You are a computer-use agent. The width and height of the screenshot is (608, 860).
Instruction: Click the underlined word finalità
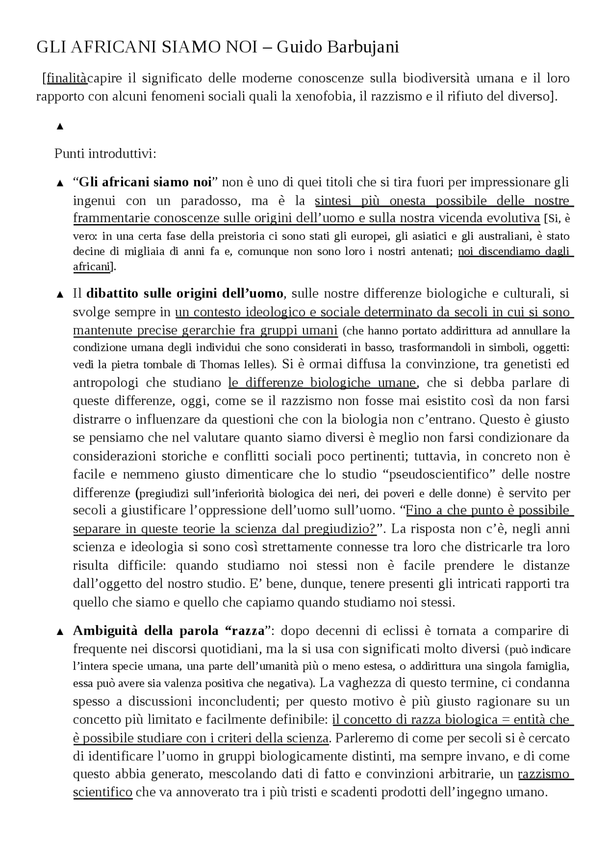66,78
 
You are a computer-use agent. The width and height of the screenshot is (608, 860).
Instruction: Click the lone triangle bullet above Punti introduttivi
60,126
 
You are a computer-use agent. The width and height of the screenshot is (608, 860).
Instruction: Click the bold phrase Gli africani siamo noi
145,182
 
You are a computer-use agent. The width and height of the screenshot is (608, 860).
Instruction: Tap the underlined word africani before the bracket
91,267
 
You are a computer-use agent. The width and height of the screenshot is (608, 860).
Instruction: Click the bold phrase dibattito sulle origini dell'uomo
185,293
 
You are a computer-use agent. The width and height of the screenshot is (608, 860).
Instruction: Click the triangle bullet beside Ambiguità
60,632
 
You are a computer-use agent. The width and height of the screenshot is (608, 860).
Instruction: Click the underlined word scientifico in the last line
103,793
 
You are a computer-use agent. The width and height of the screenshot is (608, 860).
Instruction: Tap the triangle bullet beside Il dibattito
60,294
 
